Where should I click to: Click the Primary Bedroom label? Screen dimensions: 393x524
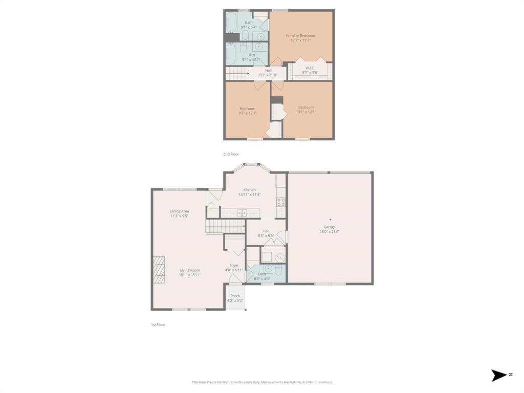300,36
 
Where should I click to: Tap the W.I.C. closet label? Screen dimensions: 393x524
310,68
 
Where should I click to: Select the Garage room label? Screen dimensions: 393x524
330,227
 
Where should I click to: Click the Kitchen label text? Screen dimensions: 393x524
250,190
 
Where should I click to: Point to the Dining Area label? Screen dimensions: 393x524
180,211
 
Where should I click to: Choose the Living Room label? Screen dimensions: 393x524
190,270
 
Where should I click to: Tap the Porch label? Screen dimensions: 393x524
235,296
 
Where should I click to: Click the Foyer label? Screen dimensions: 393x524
234,266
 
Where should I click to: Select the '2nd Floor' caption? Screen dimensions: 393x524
231,154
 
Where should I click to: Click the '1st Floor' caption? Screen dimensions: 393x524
158,324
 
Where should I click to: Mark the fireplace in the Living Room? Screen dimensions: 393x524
159,270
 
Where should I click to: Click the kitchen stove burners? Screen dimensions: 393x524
281,202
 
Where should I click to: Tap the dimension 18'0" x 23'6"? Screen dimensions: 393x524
330,232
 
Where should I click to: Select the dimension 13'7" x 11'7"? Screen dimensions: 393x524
300,40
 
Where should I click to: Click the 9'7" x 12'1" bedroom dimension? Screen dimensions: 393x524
248,113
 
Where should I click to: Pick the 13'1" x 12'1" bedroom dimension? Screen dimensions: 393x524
306,112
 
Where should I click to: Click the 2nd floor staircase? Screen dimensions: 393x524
237,74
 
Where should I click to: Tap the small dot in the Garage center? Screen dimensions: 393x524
330,220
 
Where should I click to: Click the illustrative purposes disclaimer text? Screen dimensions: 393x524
262,382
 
